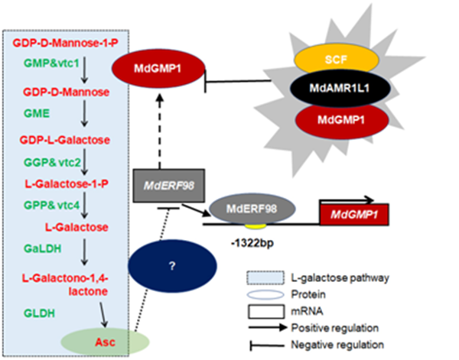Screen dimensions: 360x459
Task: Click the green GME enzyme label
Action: pyautogui.click(x=35, y=113)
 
